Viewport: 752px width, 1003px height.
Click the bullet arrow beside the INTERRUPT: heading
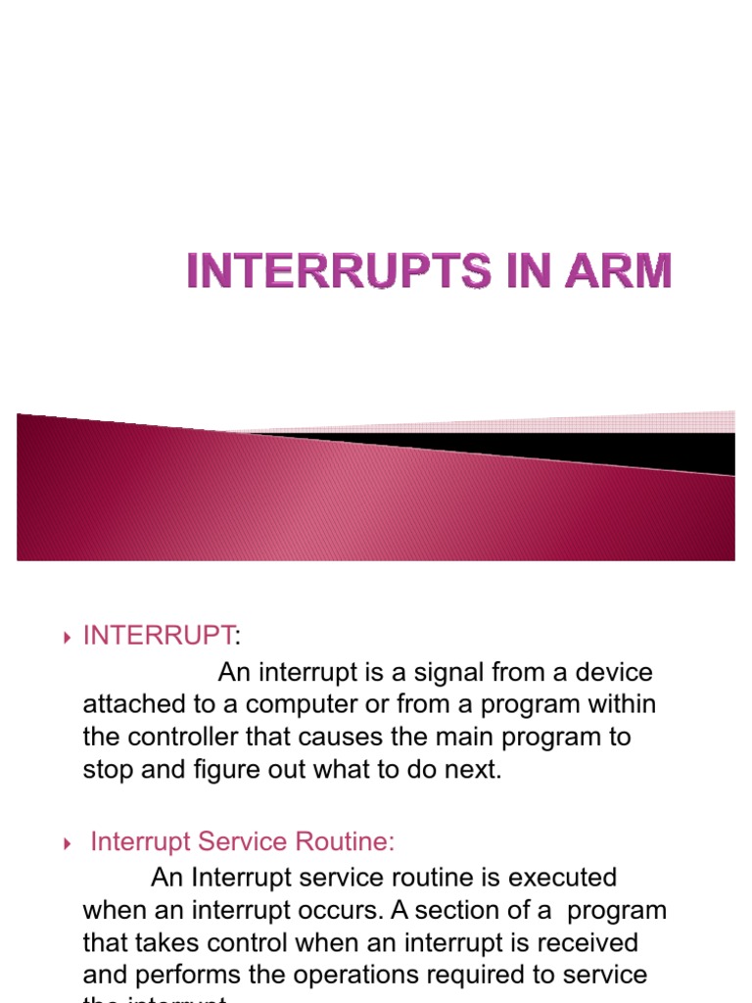[67, 639]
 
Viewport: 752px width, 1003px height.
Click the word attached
[131, 705]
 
